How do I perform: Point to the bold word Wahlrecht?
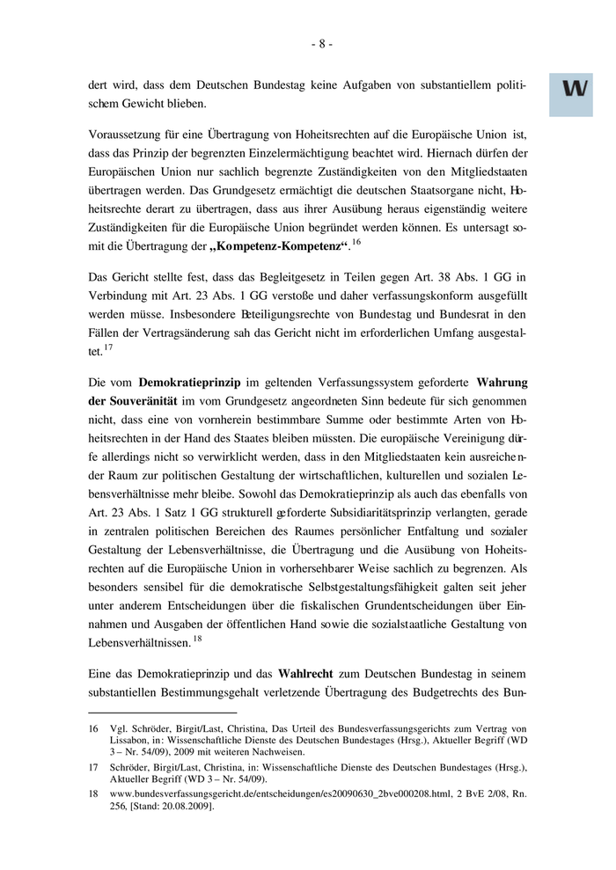(304, 673)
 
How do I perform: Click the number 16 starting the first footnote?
(94, 729)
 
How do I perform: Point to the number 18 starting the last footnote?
(94, 793)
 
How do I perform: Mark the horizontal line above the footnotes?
(163, 713)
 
